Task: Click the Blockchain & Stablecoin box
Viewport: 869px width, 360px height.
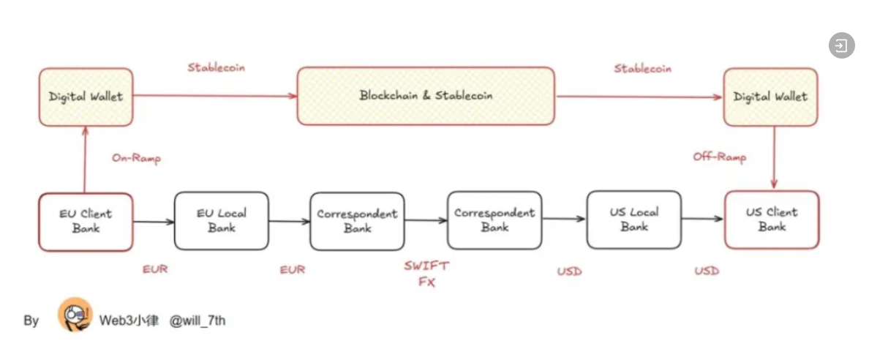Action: tap(425, 96)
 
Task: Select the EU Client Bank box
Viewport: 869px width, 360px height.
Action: tap(86, 222)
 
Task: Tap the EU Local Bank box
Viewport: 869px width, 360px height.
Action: tap(221, 220)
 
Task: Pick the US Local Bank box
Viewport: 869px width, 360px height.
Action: tap(633, 220)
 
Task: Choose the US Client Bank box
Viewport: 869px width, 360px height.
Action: tap(771, 220)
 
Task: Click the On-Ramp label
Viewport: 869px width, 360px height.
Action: tap(135, 158)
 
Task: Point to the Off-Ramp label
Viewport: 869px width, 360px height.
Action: tap(719, 157)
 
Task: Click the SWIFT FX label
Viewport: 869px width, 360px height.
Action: tap(426, 274)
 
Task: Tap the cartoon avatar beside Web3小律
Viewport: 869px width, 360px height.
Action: tap(75, 315)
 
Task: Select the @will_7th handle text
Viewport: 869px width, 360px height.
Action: tap(197, 320)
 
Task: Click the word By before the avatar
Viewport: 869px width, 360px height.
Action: tap(31, 320)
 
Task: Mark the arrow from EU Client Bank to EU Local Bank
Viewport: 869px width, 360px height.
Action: tap(153, 221)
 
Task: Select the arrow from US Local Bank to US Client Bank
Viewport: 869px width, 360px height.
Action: tap(702, 219)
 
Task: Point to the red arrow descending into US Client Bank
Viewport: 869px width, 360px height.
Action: tap(773, 157)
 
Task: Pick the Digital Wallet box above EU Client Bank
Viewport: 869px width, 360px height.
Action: tap(86, 97)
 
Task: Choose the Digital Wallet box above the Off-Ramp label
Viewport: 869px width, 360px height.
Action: tap(770, 97)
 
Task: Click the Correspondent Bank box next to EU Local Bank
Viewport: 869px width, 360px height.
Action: tap(357, 221)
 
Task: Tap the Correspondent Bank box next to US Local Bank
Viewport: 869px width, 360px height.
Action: tap(494, 220)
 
